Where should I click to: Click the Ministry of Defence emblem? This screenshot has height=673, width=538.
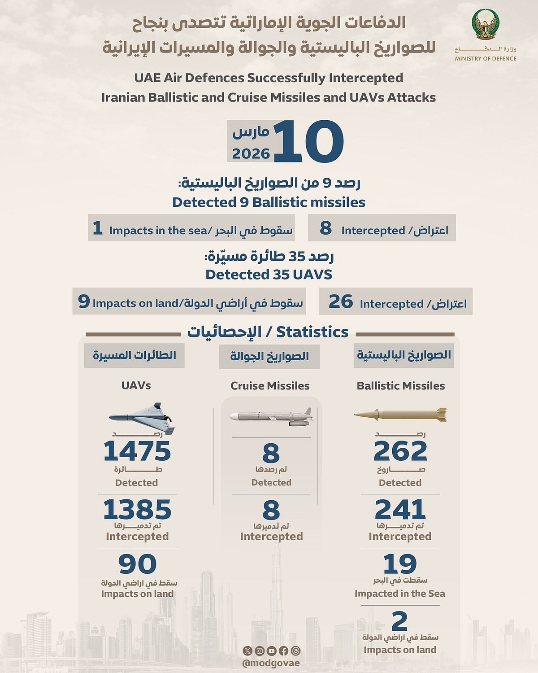(x=486, y=26)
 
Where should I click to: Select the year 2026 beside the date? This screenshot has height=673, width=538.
(x=251, y=154)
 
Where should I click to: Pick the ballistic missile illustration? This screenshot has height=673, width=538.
(x=400, y=415)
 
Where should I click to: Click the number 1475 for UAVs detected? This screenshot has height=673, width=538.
(x=137, y=451)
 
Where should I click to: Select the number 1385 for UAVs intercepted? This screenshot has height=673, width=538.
(x=137, y=510)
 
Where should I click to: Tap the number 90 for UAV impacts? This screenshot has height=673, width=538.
(x=137, y=564)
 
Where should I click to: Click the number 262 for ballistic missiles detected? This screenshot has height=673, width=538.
(x=400, y=451)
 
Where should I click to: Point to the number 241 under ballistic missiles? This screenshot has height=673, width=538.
(x=400, y=510)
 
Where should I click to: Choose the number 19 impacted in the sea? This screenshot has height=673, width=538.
(x=400, y=564)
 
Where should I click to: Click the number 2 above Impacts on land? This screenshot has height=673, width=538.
(x=399, y=621)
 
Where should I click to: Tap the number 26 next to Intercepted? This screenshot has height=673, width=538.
(x=341, y=302)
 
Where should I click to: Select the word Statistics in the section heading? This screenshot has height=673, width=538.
(x=312, y=332)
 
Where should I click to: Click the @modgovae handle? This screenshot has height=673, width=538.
(x=271, y=663)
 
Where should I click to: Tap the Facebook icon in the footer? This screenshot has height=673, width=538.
(x=283, y=651)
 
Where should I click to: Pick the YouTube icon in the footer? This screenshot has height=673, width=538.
(x=271, y=651)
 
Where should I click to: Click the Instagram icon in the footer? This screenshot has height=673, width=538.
(x=260, y=651)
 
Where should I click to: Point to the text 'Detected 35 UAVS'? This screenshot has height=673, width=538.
(x=269, y=275)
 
